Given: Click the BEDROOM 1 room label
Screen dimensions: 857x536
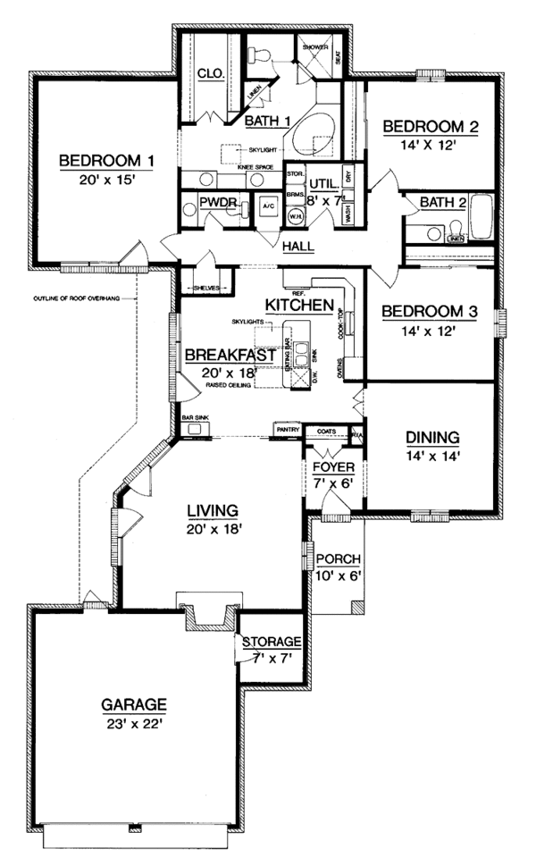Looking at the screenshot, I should coord(107,161).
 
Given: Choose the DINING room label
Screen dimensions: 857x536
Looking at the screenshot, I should coord(432,438).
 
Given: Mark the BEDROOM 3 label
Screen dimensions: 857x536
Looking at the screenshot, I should coord(430,312).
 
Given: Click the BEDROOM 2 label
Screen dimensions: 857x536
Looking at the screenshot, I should coord(431,127).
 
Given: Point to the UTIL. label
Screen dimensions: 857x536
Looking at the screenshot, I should coord(324,181).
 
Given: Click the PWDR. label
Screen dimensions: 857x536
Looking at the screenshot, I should coord(217,204).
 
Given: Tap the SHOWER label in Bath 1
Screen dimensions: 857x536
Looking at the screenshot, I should coord(315,46).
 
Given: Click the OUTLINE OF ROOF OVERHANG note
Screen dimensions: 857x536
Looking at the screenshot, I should coord(80,298).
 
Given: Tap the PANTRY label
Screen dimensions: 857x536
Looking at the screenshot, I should coord(286,430).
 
